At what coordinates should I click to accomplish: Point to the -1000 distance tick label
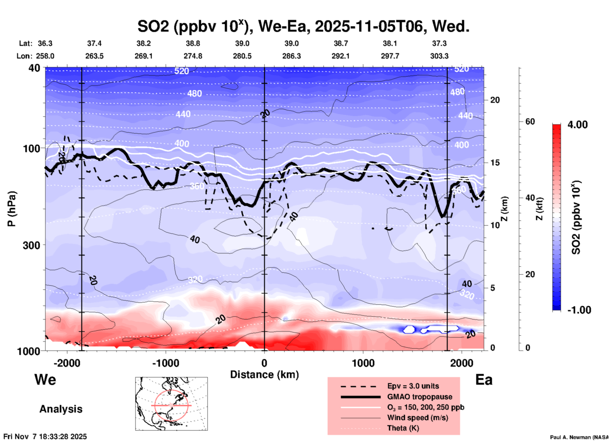point(165,363)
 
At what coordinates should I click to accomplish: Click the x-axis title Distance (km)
point(264,375)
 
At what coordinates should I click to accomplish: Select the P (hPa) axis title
point(12,209)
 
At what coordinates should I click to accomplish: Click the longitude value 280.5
point(242,56)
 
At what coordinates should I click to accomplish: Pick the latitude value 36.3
point(45,43)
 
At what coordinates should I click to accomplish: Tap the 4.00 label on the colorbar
point(577,125)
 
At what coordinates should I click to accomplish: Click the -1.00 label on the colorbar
point(579,310)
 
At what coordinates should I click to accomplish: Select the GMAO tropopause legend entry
point(420,397)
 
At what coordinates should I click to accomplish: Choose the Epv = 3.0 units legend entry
point(413,386)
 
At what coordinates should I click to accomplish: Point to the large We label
point(45,380)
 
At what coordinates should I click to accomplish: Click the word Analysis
point(61,409)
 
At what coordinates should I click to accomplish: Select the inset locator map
point(171,404)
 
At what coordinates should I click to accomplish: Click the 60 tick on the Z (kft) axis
point(530,121)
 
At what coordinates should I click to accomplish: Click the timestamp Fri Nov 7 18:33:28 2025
point(45,437)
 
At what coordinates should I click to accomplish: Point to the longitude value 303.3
point(439,56)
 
